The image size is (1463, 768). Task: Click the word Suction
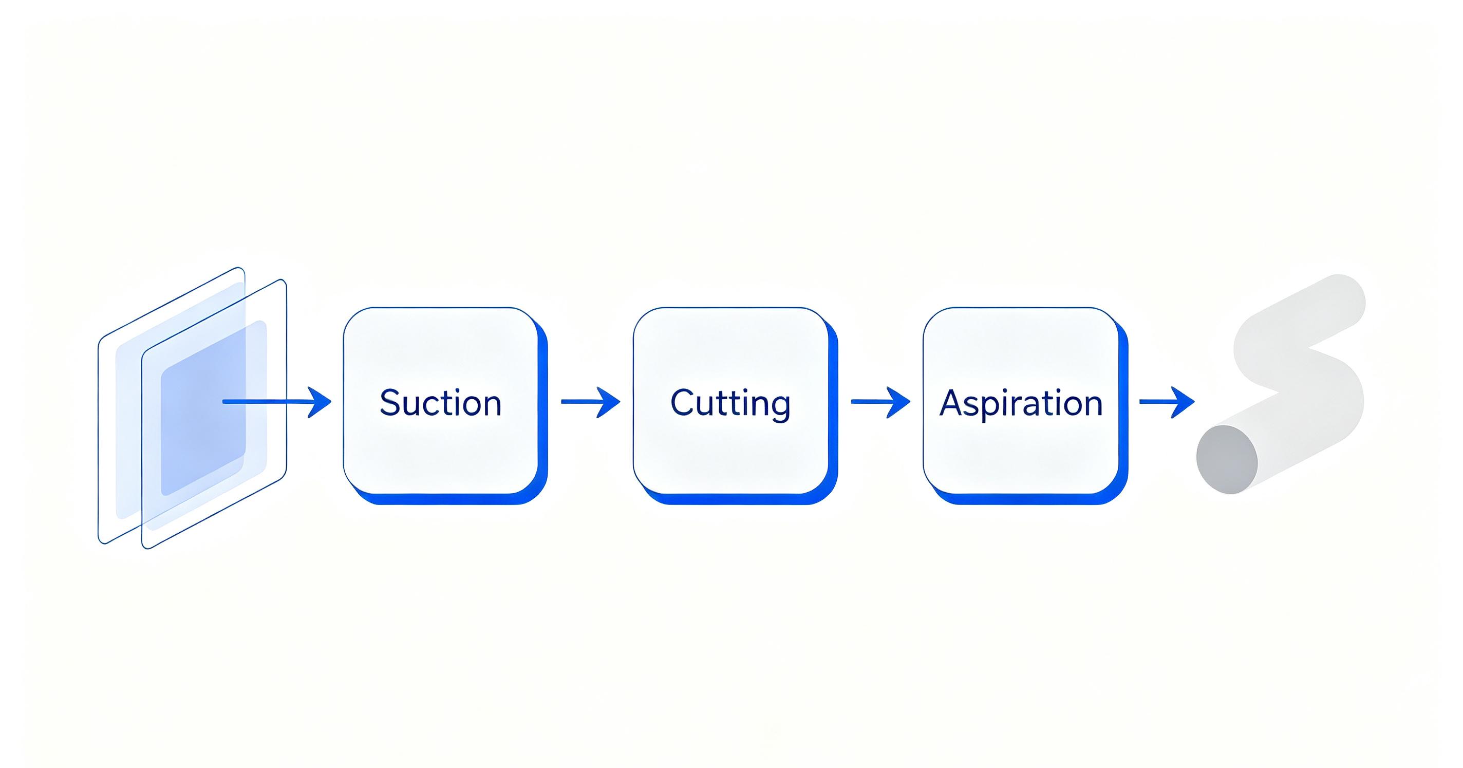(440, 403)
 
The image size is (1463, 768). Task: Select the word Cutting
(730, 404)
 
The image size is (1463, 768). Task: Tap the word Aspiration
(1021, 404)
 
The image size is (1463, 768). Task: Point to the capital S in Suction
(390, 403)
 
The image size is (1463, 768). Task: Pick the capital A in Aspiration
(952, 403)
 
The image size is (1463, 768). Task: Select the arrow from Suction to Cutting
(590, 402)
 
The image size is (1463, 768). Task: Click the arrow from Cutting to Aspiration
(880, 402)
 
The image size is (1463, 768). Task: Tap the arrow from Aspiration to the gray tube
(1167, 402)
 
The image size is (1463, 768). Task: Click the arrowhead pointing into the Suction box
(322, 402)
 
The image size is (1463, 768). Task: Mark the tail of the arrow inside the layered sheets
(224, 402)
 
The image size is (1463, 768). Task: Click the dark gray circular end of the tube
(1227, 460)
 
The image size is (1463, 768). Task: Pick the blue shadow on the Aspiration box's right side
(1123, 409)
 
